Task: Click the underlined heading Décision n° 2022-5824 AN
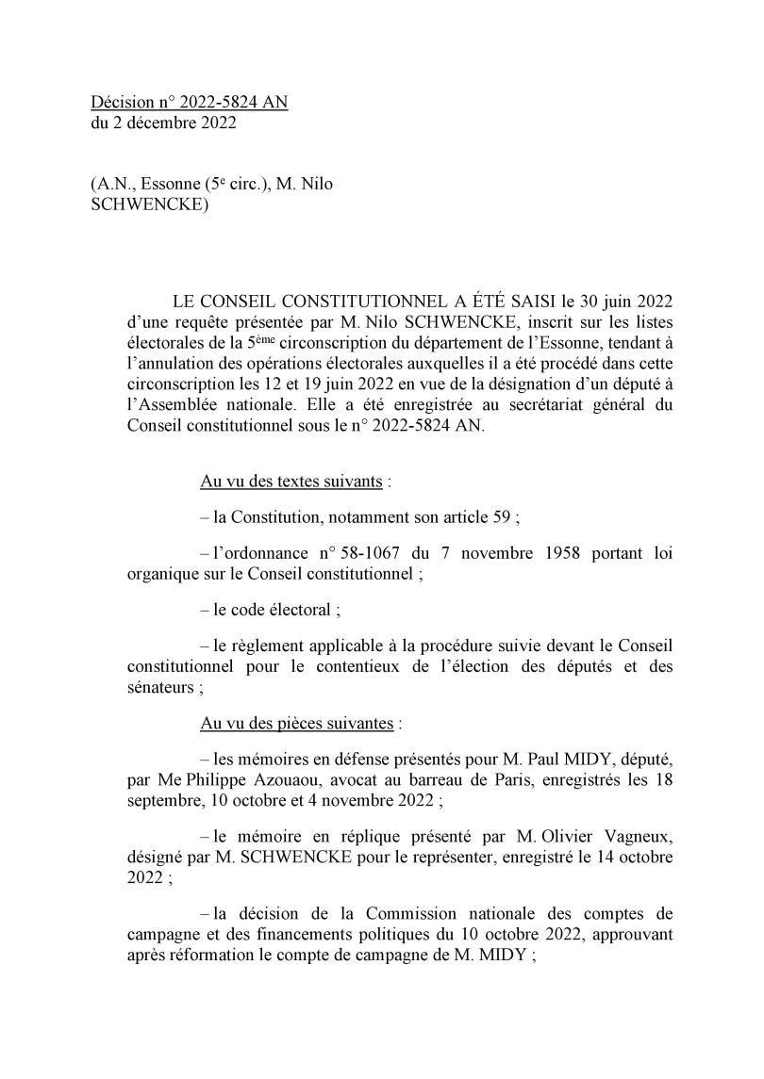point(189,102)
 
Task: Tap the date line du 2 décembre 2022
point(163,122)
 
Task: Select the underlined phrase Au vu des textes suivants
point(291,482)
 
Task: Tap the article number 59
point(497,516)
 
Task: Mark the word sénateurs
point(160,688)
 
